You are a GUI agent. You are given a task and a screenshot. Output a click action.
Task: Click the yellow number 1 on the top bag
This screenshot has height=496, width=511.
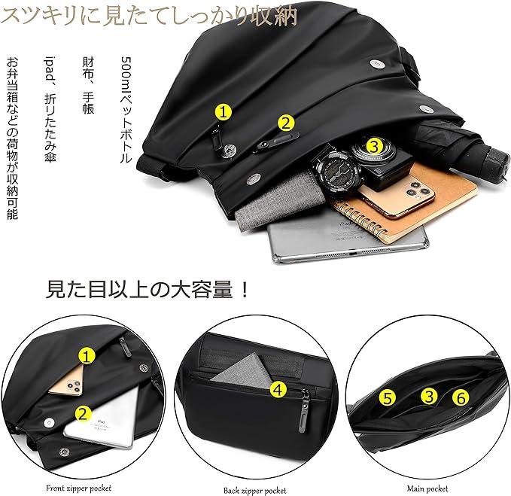[224, 112]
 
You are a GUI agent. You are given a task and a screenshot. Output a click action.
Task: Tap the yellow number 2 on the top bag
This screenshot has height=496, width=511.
[285, 122]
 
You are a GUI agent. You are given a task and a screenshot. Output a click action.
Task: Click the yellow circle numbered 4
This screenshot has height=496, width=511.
[278, 389]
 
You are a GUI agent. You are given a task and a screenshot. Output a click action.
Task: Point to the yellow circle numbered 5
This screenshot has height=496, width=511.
[388, 397]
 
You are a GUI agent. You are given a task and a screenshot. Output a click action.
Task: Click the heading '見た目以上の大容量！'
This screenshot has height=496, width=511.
[148, 290]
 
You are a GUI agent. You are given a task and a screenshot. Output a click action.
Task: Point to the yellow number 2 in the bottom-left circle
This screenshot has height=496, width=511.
[83, 412]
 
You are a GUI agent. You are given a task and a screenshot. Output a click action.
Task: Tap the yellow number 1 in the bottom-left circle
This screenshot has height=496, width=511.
[88, 356]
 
